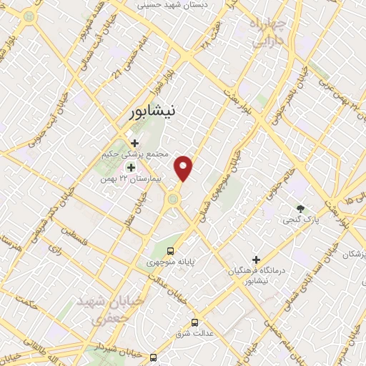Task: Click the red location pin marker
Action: (x=185, y=169)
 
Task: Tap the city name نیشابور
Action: (x=153, y=112)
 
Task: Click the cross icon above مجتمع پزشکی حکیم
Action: (x=134, y=143)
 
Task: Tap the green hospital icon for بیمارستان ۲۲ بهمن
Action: (x=130, y=167)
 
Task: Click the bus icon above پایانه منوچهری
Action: (x=170, y=251)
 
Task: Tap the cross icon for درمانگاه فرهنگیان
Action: (x=255, y=259)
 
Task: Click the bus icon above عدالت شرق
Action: (x=195, y=322)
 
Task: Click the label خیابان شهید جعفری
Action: (x=111, y=309)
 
